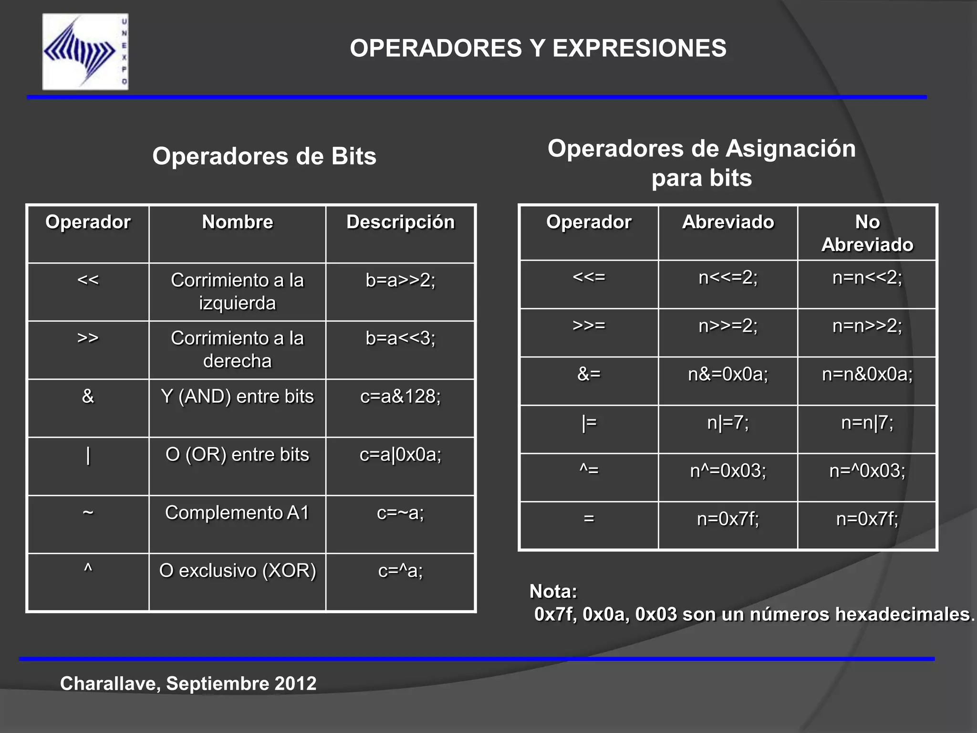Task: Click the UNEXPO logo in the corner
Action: coord(85,52)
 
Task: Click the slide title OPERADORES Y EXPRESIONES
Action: coord(538,48)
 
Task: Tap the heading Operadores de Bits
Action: coord(264,156)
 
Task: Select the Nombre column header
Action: coord(238,222)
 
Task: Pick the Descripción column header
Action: coord(400,222)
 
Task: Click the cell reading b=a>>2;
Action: coord(400,280)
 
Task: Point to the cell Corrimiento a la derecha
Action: coord(238,349)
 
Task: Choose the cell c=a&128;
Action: coord(400,397)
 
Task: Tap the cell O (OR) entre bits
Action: coord(238,455)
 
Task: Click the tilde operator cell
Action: coord(88,513)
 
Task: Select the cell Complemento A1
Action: coord(238,513)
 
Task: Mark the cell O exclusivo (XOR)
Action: coord(238,571)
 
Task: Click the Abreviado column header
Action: coord(728,222)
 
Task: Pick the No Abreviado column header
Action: coord(867,233)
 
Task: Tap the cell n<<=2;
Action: coord(728,277)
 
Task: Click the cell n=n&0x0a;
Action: coord(867,374)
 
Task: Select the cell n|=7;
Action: coord(728,423)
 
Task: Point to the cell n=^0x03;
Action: coord(867,471)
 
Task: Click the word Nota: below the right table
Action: coord(553,592)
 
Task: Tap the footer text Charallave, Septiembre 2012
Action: coord(188,683)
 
